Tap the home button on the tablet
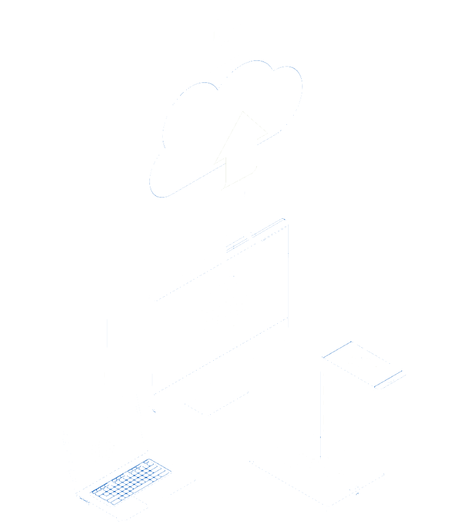tap(355, 489)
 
